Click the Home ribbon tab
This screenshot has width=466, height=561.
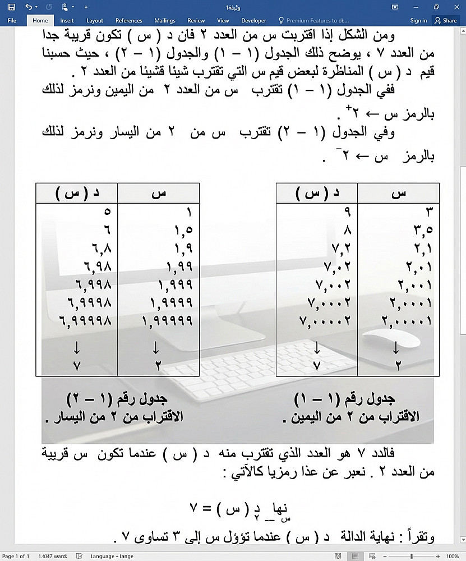click(x=40, y=20)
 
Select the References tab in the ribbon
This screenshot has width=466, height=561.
click(x=128, y=20)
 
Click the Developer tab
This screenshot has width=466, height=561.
click(x=254, y=20)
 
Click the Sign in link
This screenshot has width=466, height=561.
click(x=418, y=20)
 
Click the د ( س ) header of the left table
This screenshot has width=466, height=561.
click(x=77, y=193)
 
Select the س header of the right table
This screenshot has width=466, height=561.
click(x=398, y=193)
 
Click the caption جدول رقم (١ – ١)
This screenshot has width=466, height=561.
click(x=344, y=399)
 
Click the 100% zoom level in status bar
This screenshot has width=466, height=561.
click(x=452, y=556)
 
